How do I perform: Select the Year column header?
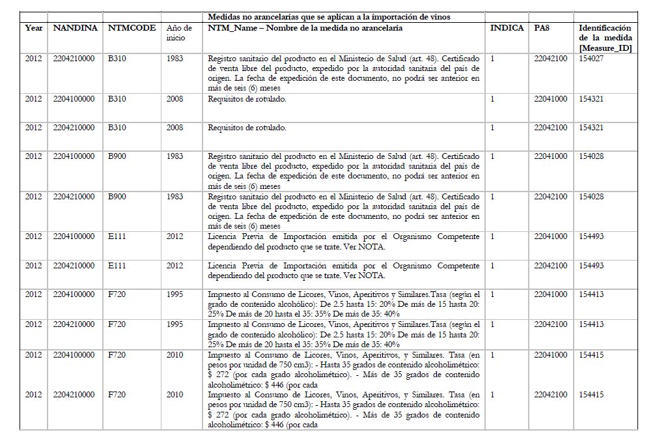click(33, 28)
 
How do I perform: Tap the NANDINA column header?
click(75, 28)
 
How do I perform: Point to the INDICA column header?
click(507, 28)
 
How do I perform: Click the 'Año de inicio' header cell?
click(179, 33)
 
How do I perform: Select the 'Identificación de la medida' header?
click(605, 38)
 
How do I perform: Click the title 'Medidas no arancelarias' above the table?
click(329, 16)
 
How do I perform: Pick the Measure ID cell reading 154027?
click(591, 59)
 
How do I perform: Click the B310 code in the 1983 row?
click(117, 59)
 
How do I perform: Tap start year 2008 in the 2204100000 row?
click(175, 99)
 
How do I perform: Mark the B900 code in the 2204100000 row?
click(117, 156)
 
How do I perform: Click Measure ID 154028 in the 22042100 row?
click(591, 197)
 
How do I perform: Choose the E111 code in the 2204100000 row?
click(117, 236)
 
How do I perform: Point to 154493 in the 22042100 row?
click(591, 266)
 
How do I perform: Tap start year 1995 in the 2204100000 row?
click(175, 294)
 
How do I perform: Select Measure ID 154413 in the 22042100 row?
click(591, 324)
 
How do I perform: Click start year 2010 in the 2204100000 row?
click(175, 354)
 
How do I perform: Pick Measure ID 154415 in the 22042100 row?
click(591, 395)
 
